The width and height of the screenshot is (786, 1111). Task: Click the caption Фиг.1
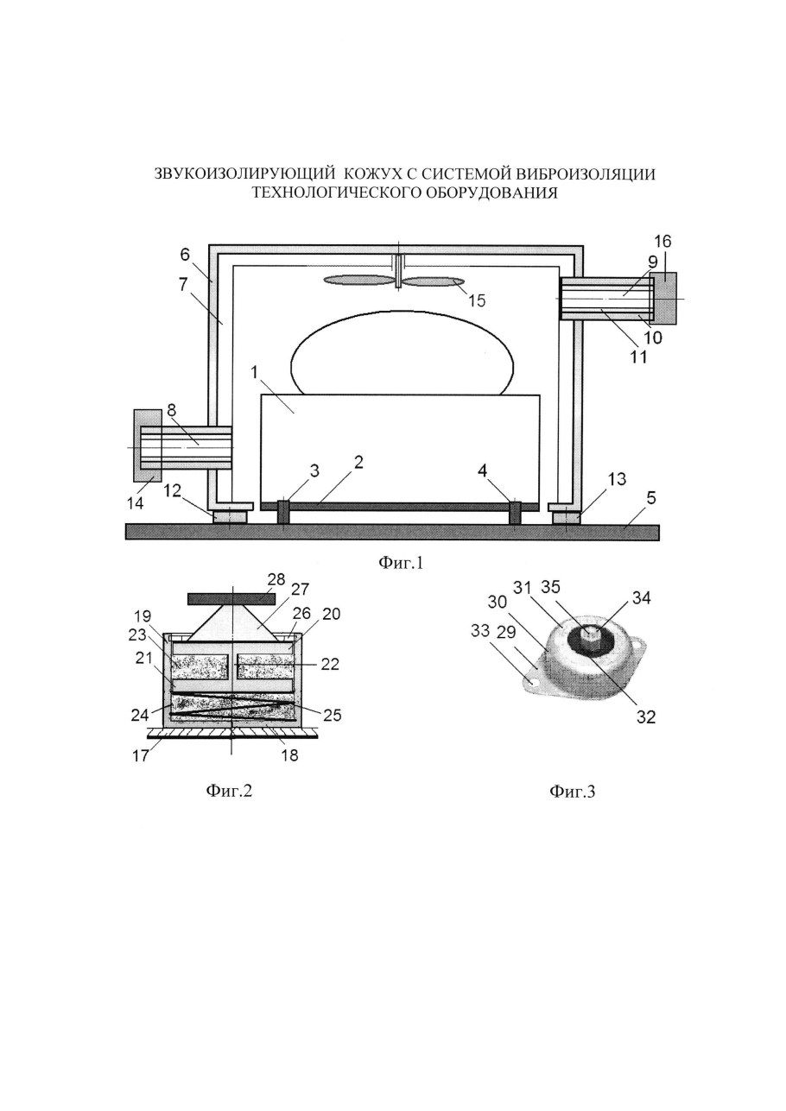pyautogui.click(x=401, y=563)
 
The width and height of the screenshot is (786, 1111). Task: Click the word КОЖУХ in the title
pyautogui.click(x=372, y=174)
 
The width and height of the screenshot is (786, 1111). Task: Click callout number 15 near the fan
pyautogui.click(x=477, y=300)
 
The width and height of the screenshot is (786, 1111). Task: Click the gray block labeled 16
pyautogui.click(x=664, y=298)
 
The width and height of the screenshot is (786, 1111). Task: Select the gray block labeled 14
pyautogui.click(x=148, y=445)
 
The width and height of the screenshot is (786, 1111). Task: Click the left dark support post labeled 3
pyautogui.click(x=282, y=511)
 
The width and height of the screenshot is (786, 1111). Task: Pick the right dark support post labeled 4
pyautogui.click(x=515, y=512)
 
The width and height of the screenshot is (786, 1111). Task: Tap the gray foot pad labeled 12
pyautogui.click(x=230, y=517)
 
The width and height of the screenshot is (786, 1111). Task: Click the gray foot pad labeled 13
pyautogui.click(x=565, y=517)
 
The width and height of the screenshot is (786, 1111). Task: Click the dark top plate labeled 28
pyautogui.click(x=231, y=599)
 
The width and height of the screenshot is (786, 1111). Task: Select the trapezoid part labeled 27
pyautogui.click(x=231, y=623)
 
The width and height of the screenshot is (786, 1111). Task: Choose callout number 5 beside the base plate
pyautogui.click(x=651, y=497)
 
